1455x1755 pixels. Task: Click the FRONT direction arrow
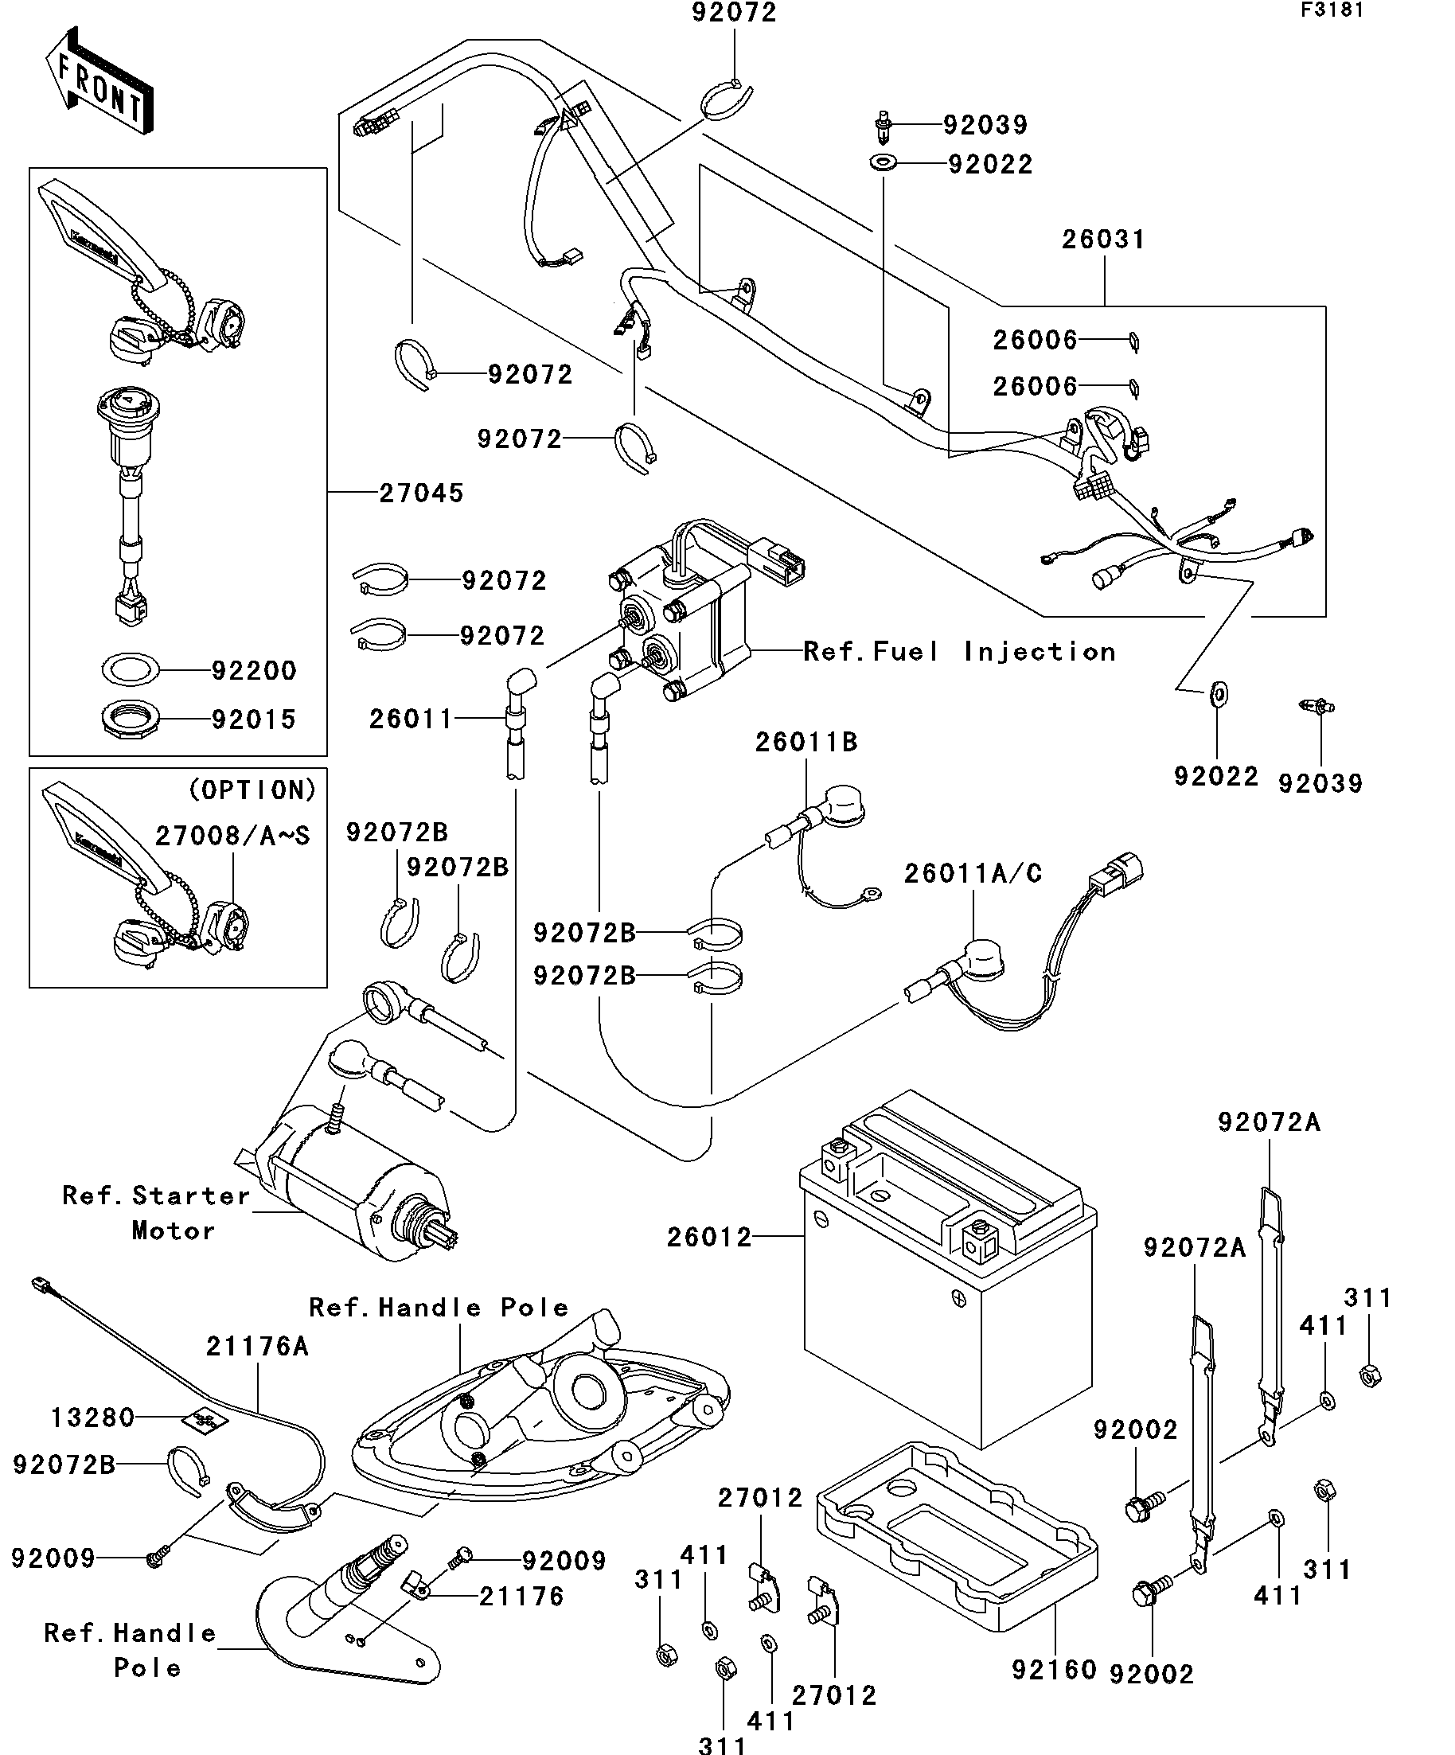pos(99,82)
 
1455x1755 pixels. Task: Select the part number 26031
pos(1103,239)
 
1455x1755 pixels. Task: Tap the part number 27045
pos(421,493)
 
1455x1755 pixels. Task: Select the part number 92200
pos(253,670)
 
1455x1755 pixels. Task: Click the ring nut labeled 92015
pos(131,718)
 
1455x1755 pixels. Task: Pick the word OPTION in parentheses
pos(252,790)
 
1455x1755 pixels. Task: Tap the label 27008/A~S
pos(232,836)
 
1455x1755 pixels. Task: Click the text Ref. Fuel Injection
pos(959,651)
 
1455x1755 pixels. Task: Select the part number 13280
pos(92,1418)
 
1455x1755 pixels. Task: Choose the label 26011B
pos(806,742)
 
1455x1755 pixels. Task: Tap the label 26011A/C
pos(973,873)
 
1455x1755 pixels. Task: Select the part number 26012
pos(709,1237)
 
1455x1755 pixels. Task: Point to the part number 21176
pos(521,1597)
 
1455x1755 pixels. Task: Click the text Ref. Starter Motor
pos(157,1213)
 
